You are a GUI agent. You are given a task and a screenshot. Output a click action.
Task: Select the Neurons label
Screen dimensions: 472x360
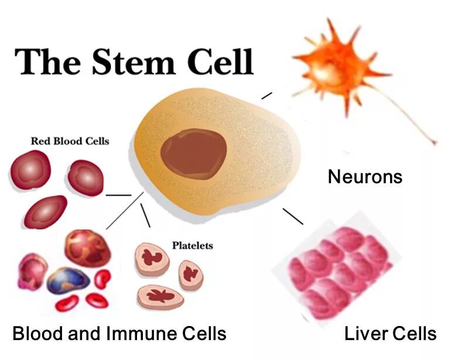click(x=365, y=176)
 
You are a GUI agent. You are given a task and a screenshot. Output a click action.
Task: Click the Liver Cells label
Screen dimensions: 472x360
click(x=390, y=334)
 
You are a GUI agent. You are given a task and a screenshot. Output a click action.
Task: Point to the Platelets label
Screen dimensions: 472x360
click(x=192, y=245)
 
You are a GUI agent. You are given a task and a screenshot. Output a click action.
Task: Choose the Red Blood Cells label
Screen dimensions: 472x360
click(x=70, y=141)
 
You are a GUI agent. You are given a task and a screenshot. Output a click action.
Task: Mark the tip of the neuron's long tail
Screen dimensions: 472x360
click(x=435, y=142)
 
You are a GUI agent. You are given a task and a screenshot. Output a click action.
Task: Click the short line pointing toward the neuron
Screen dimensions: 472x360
click(x=266, y=95)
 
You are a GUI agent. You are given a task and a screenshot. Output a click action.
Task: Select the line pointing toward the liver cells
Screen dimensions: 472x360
click(x=293, y=216)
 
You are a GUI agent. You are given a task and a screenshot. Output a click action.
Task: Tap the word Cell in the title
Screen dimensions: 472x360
click(x=218, y=61)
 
